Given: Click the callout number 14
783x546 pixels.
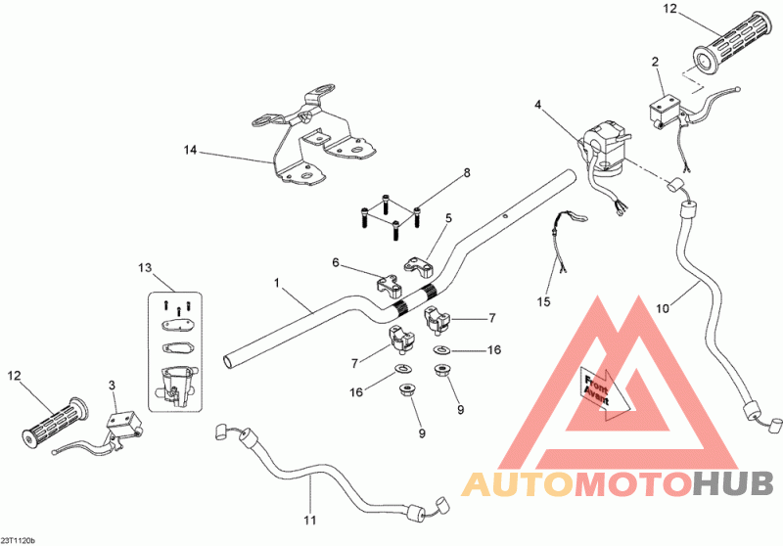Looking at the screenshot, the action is click(190, 150).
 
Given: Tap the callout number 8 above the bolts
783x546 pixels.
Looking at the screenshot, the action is click(467, 173).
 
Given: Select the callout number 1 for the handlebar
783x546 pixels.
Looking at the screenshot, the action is click(277, 283).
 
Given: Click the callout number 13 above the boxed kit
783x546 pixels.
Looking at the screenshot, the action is click(145, 268).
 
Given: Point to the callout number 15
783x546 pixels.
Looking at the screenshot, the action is click(544, 301).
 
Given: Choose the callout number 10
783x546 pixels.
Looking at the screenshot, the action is click(663, 309).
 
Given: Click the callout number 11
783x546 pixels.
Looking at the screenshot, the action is click(310, 520).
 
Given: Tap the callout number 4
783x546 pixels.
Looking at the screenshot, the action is click(537, 105).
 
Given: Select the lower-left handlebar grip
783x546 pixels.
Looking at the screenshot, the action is click(55, 422).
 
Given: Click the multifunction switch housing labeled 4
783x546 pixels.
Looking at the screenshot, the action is click(603, 148).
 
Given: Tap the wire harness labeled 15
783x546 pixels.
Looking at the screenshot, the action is click(565, 240).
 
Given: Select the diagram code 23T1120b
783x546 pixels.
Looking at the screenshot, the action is click(18, 540).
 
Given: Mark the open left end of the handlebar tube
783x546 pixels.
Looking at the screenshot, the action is click(228, 361).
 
